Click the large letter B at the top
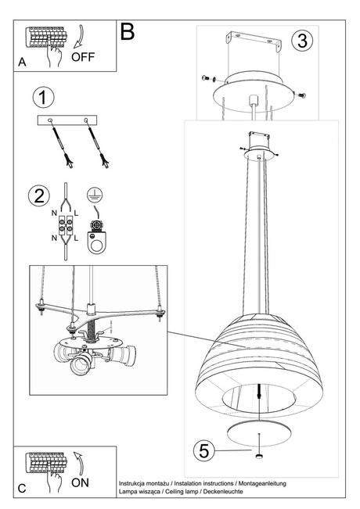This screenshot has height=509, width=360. tap(128, 31)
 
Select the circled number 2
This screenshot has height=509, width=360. tap(36, 196)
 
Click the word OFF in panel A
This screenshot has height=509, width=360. tap(84, 56)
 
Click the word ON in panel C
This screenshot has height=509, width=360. tap(80, 482)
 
